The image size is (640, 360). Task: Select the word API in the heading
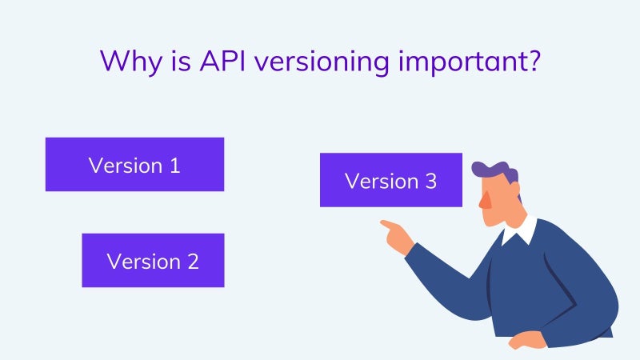[x=222, y=61]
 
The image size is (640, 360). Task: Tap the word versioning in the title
[x=322, y=62]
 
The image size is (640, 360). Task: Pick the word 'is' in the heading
[x=181, y=61]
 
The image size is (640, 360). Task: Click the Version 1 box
[x=134, y=164]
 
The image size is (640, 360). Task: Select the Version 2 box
[x=153, y=261]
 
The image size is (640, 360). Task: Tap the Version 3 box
[x=391, y=180]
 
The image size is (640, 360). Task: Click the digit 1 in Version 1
[x=174, y=166]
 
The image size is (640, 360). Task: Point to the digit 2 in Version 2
[x=193, y=262]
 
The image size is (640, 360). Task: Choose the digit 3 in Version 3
[x=431, y=182]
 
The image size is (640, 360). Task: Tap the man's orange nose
[x=485, y=200]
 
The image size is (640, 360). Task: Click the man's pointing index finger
[x=389, y=225]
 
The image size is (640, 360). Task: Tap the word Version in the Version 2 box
[x=144, y=262]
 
